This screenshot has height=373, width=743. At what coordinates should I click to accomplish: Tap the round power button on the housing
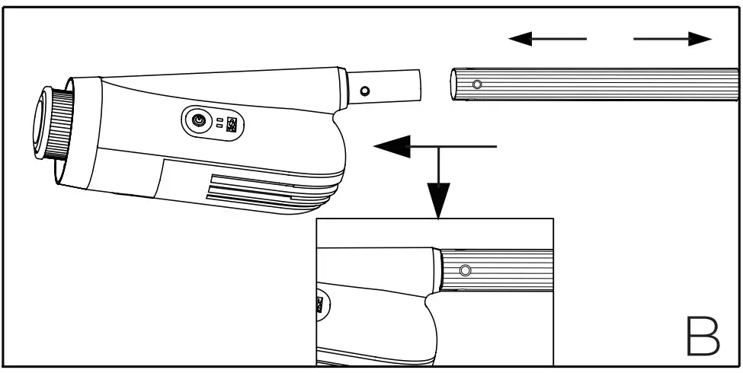200,122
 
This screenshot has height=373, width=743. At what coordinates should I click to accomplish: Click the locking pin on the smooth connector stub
365,91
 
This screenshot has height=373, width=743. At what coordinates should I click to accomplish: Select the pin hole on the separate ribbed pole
477,84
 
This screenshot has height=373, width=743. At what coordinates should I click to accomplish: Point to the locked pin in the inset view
465,270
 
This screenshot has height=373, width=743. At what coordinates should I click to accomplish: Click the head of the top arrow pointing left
521,39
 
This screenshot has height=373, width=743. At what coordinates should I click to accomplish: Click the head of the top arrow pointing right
699,39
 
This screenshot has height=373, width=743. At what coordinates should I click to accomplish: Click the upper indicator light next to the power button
219,120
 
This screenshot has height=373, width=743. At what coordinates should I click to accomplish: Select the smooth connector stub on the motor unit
385,85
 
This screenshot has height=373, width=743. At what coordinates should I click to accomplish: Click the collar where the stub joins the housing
344,88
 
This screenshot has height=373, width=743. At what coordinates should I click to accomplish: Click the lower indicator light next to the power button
219,128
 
